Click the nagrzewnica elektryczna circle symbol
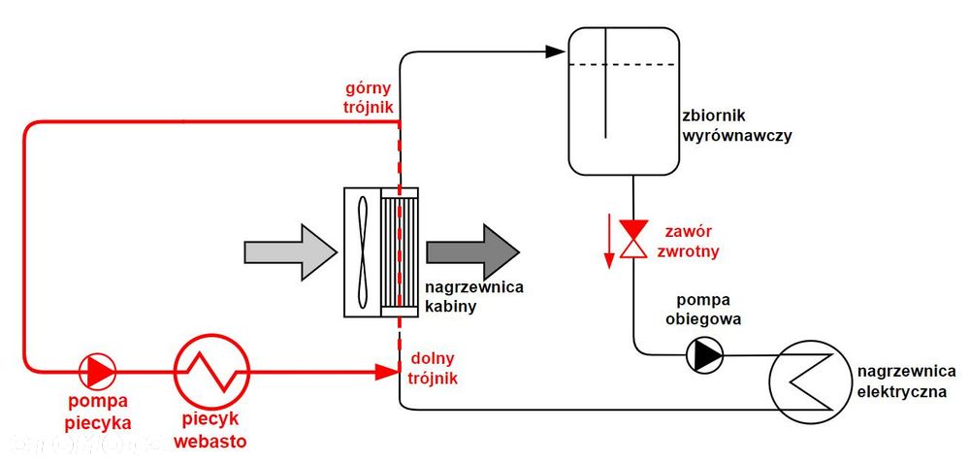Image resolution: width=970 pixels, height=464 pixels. [x=771, y=378]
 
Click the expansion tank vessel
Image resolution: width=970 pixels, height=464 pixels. [x=569, y=100]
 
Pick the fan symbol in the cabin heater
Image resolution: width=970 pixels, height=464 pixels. [x=362, y=252]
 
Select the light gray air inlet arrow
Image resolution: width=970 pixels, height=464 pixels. [x=290, y=252]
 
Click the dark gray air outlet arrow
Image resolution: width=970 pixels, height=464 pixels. [x=472, y=252]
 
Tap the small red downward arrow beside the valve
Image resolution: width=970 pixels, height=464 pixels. [x=609, y=241]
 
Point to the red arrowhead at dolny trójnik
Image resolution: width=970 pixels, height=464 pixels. [x=388, y=372]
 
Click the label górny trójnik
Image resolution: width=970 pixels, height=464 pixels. [x=370, y=97]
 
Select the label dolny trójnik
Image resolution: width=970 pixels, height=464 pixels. [x=434, y=369]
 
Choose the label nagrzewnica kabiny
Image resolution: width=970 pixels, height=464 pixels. [x=474, y=297]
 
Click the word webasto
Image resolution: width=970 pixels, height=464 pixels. [x=210, y=441]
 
